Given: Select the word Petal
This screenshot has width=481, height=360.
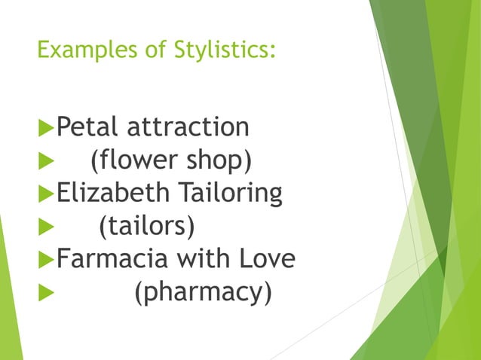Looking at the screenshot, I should point(88,127).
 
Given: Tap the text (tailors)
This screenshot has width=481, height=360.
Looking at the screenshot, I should point(147,226).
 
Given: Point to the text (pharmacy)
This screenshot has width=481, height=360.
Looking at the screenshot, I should point(202,292).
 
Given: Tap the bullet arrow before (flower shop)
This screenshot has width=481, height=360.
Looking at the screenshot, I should point(45,161).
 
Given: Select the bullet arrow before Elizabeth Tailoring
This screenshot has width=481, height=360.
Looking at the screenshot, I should point(45,194).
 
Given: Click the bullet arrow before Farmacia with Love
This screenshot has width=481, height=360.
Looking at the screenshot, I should point(45,260).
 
